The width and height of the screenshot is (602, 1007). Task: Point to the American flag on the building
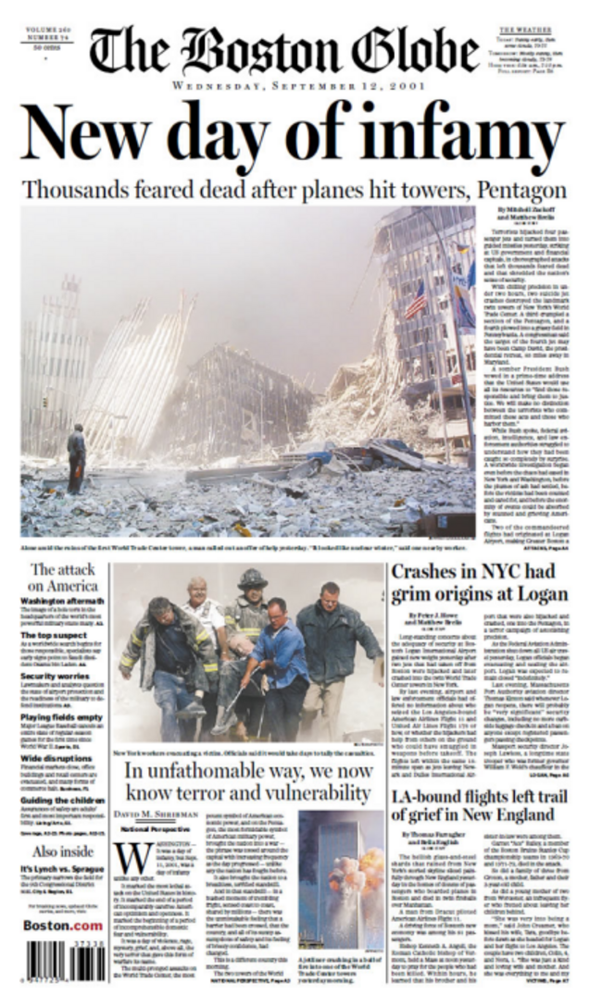click(416, 300)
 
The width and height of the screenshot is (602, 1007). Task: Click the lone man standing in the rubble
click(76, 457)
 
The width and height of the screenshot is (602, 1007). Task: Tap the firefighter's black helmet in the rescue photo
click(251, 579)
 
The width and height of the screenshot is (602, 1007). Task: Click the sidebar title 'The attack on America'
click(64, 577)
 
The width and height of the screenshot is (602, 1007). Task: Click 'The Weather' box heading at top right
click(525, 31)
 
